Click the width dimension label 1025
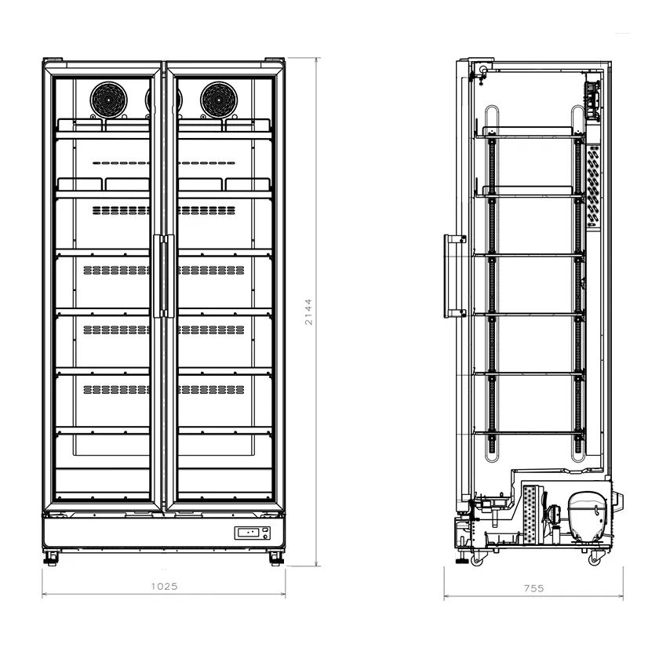pyautogui.click(x=164, y=586)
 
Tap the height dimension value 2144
pyautogui.click(x=308, y=312)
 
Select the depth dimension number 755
pyautogui.click(x=534, y=588)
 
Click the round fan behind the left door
pyautogui.click(x=108, y=100)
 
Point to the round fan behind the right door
pyautogui.click(x=219, y=100)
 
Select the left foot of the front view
pyautogui.click(x=52, y=558)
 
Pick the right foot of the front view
pyautogui.click(x=275, y=558)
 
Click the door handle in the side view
pyautogui.click(x=453, y=276)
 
